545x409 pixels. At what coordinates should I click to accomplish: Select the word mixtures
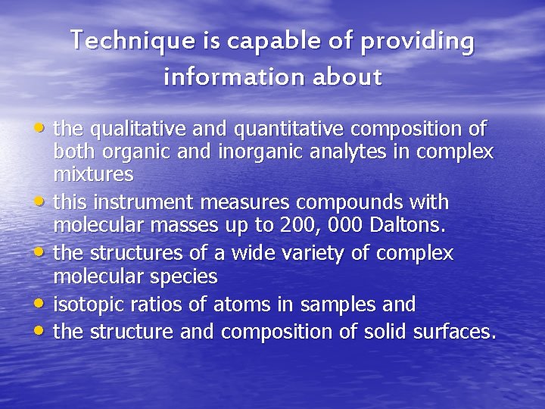pyautogui.click(x=93, y=175)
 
